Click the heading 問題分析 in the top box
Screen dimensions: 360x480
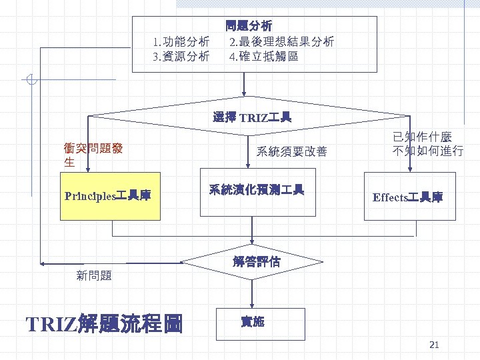click(249, 27)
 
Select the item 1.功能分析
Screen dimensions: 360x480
click(181, 42)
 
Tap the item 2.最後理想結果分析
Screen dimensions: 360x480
click(281, 42)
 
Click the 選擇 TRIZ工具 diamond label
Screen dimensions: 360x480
click(252, 118)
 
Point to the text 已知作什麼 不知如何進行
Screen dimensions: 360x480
click(427, 144)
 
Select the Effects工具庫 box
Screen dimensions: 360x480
click(409, 197)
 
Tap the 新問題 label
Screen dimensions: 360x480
click(94, 275)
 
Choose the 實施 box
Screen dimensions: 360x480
click(252, 323)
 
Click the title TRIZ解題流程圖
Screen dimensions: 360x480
click(104, 324)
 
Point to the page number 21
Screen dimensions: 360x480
click(434, 345)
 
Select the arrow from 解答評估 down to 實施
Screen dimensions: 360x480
click(252, 293)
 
